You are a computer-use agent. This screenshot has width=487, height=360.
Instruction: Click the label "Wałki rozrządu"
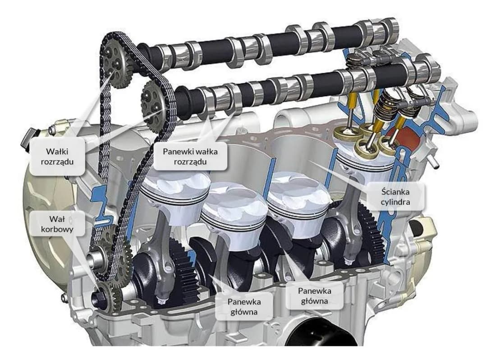[57, 157]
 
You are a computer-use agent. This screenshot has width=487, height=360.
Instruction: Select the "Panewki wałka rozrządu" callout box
[190, 157]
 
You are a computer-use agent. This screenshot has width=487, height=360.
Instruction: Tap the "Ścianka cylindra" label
[395, 197]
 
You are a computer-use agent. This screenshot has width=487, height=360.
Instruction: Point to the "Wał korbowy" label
[57, 224]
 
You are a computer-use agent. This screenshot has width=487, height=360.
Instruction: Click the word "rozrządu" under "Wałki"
[57, 162]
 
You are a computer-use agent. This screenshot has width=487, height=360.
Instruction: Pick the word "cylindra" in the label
[395, 202]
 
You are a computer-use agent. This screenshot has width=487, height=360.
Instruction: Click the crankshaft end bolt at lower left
[101, 297]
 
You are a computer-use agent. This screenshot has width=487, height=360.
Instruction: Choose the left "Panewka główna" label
[244, 307]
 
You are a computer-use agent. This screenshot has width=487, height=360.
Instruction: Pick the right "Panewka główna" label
[314, 295]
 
